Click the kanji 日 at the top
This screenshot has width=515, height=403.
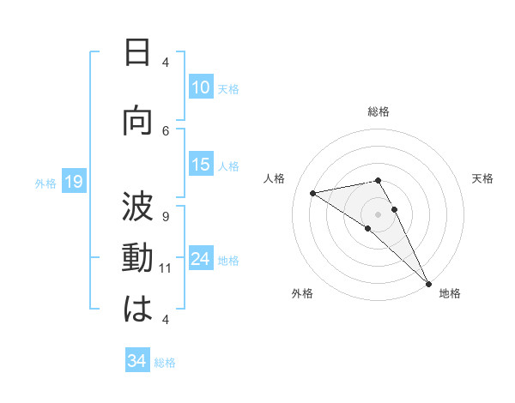[x=137, y=53]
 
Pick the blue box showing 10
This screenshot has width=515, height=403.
[x=201, y=87]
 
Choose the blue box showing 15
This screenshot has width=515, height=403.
[x=201, y=165]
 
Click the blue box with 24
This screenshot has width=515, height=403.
[x=201, y=260]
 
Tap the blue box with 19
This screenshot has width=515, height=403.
[x=74, y=182]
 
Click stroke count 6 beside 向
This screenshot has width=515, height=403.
[x=166, y=130]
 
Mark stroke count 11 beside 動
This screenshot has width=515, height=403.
[x=166, y=268]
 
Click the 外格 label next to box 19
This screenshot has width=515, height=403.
[x=45, y=183]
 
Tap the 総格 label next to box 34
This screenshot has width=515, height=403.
[x=165, y=363]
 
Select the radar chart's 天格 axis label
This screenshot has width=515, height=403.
[x=482, y=178]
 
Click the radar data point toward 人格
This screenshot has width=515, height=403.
[x=312, y=193]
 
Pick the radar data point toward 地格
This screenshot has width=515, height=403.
[x=427, y=283]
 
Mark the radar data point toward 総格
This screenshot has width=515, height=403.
[x=378, y=179]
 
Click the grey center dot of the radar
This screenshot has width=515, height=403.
[x=378, y=214]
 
